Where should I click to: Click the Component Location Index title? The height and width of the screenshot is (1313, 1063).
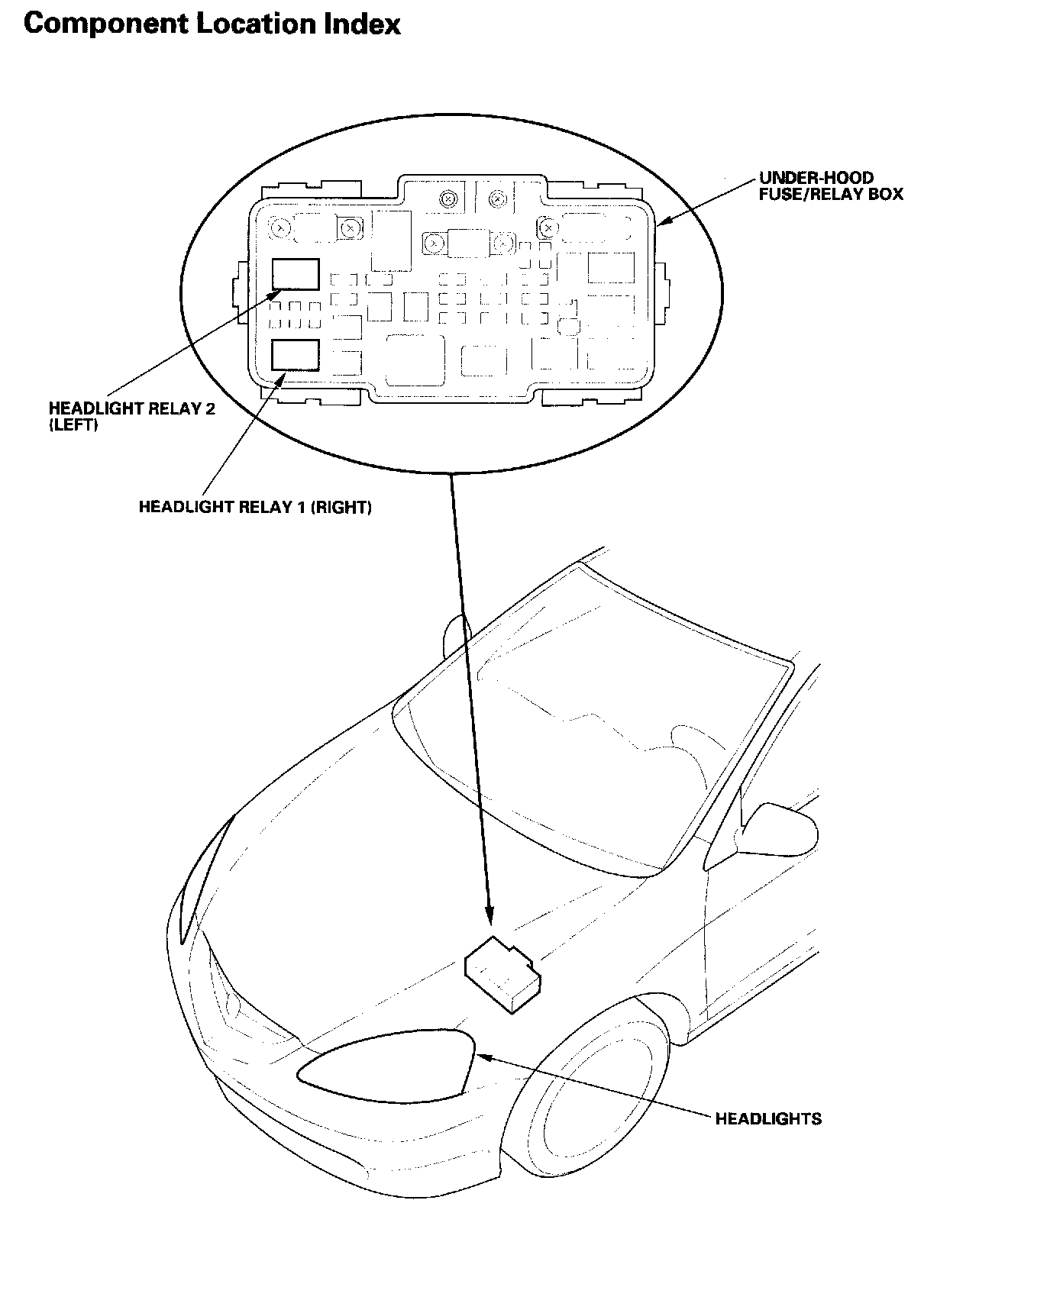212,24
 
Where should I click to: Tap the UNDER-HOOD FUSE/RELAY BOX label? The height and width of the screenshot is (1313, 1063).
830,186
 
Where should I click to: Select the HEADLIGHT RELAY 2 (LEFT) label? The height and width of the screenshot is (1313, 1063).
131,416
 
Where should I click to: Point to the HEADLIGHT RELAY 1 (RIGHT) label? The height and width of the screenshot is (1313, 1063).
255,507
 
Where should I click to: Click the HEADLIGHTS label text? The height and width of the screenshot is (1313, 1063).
768,1119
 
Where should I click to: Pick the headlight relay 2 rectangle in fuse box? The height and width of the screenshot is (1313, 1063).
296,274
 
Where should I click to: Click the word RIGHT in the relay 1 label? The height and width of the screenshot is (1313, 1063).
341,507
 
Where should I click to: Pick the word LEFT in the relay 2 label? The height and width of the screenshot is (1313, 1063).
73,424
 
